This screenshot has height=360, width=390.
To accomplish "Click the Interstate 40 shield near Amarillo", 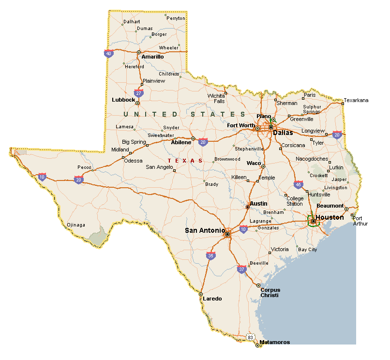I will (x=108, y=53).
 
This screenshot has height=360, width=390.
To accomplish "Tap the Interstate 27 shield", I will (x=138, y=92).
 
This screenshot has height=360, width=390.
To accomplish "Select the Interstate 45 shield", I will (x=298, y=184).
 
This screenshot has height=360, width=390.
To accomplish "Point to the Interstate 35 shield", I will (x=210, y=255).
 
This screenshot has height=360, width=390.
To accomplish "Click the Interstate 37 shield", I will (x=242, y=269).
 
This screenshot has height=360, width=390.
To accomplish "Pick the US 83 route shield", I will (x=250, y=337).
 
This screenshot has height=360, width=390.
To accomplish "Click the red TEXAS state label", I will (x=185, y=160).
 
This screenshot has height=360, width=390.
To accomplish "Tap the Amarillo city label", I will (x=152, y=57).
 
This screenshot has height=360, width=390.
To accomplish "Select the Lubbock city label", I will (x=123, y=100).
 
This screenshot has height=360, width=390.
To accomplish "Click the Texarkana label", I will (x=356, y=100).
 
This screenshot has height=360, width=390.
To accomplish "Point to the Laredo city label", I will (x=212, y=299).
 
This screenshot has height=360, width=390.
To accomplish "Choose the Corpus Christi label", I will (x=270, y=292).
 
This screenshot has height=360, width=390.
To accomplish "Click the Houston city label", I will (x=330, y=217).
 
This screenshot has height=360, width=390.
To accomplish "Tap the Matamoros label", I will (x=274, y=342).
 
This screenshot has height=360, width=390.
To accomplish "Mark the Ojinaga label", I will (x=76, y=225).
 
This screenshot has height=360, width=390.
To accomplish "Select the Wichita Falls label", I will (x=216, y=98).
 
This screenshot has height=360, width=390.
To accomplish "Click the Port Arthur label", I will (x=360, y=221).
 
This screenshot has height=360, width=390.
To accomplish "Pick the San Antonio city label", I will (x=205, y=230).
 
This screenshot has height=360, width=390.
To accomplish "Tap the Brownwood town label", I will (x=227, y=159).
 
